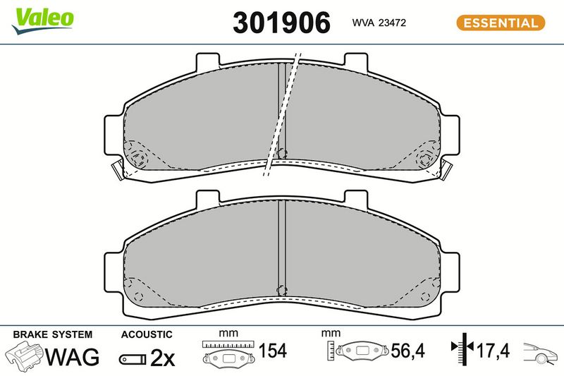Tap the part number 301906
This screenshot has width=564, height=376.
coord(281,23)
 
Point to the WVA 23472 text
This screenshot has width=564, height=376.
coord(379,23)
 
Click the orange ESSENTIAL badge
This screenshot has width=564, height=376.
coord(501,23)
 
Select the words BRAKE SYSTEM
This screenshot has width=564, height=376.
coord(52,334)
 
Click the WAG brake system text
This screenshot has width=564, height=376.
coord(72,357)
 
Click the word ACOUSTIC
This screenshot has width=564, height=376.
coord(147,334)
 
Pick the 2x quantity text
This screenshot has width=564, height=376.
coord(162,358)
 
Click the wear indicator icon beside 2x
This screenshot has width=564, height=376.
coord(133,359)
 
